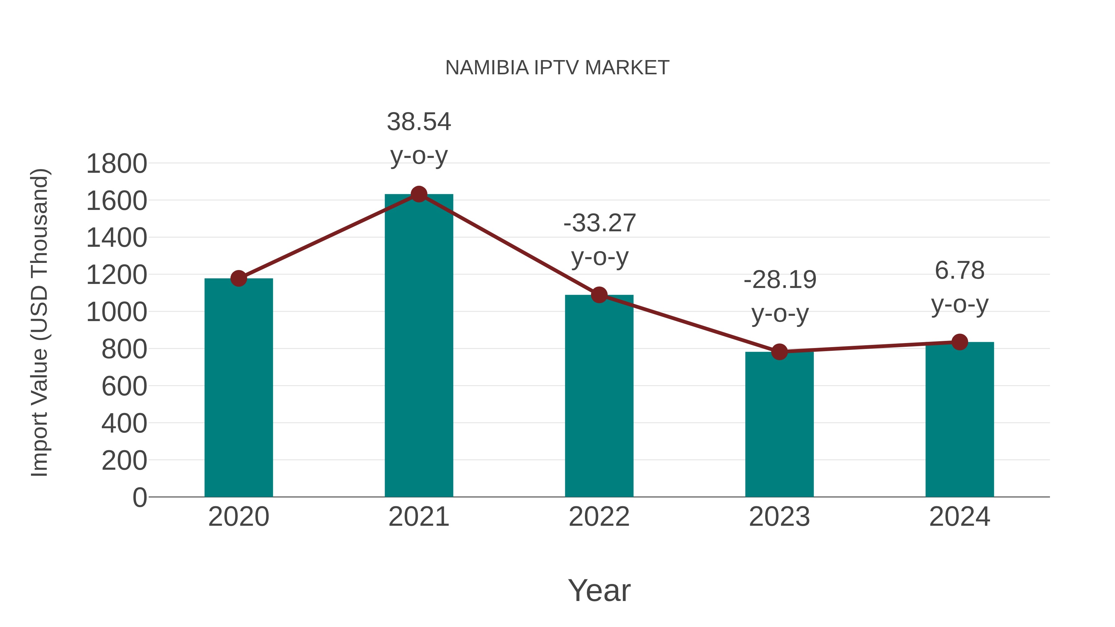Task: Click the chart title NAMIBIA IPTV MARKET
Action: tap(557, 68)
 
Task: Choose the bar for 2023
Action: tap(779, 424)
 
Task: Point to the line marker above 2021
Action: tap(418, 194)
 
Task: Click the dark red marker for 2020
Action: tap(238, 278)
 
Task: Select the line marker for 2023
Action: tap(779, 352)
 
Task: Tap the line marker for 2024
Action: tap(960, 342)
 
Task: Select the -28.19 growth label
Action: tap(780, 280)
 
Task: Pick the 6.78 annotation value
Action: tap(960, 271)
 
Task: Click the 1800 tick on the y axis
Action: tap(116, 164)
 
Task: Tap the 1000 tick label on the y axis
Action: tap(116, 312)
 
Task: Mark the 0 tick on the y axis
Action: tap(139, 497)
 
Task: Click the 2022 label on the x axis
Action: tap(599, 517)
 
